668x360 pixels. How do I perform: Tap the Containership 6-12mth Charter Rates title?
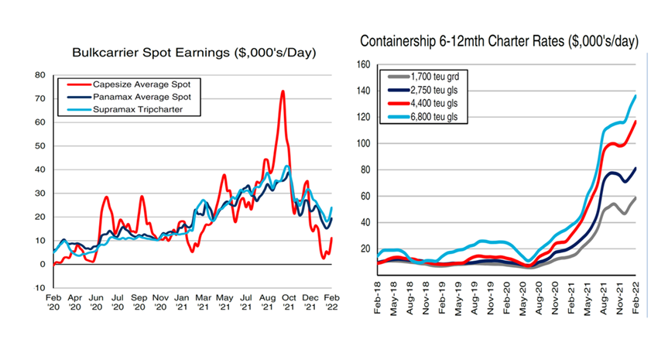[x=499, y=40]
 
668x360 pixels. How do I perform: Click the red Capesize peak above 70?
[x=283, y=91]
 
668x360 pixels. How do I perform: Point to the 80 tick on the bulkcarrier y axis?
[x=39, y=75]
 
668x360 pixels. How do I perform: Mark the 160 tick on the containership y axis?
[x=362, y=65]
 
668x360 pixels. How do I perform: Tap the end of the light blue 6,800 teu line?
[x=636, y=96]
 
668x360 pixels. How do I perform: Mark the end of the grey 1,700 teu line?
[x=636, y=197]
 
